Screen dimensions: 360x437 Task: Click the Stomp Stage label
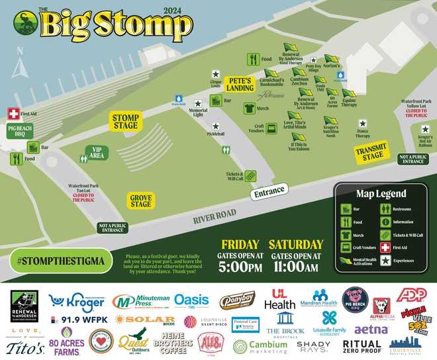(x=125, y=122)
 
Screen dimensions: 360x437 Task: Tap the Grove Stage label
(x=140, y=201)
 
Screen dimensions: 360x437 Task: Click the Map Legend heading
(x=381, y=194)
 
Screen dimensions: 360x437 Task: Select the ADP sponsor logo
(x=415, y=296)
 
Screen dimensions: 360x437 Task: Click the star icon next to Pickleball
(x=215, y=126)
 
